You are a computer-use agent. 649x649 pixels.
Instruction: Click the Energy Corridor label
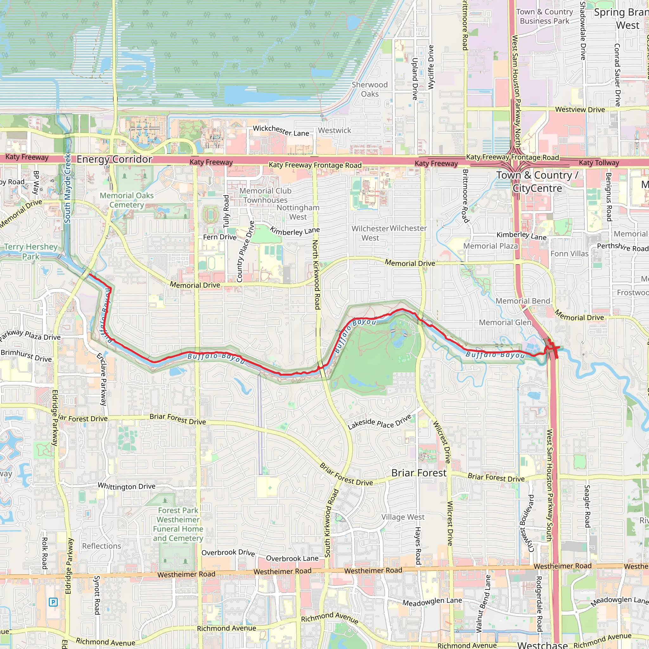pos(114,159)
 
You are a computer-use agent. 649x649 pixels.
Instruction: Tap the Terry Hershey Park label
pos(31,252)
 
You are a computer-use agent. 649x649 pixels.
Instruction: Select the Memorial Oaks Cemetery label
pos(127,200)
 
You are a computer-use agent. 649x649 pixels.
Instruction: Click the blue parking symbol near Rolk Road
pos(53,602)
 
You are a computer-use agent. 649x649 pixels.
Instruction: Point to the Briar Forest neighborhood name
pos(419,473)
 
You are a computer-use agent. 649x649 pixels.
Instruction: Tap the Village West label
pos(403,517)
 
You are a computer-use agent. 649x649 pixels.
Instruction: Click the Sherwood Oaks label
pos(369,89)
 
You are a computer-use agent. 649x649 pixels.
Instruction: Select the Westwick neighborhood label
pos(334,130)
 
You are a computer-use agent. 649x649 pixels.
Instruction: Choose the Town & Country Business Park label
pos(544,16)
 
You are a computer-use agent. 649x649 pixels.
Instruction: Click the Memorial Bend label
pos(523,301)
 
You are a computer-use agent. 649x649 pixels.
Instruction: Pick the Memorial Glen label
pos(505,323)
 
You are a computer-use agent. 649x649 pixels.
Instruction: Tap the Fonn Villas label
pos(569,254)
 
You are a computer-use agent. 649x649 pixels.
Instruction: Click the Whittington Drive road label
pos(127,486)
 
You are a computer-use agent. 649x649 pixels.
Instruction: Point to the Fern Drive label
pos(220,237)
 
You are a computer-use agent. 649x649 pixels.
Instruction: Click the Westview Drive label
pos(580,110)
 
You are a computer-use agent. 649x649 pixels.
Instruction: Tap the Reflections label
pos(101,546)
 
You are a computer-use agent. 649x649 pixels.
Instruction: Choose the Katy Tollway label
pos(599,163)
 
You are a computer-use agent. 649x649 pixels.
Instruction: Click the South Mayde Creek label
pos(67,188)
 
